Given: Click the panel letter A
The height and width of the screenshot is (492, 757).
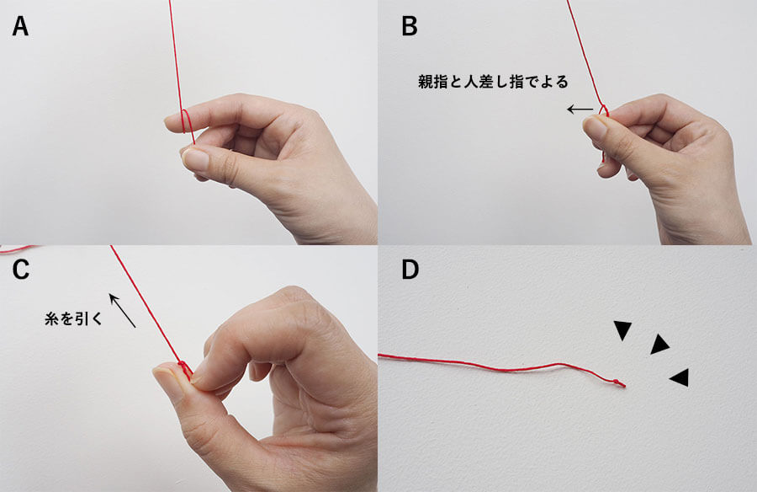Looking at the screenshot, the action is tap(20, 27).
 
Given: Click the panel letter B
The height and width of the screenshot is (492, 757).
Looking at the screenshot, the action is tap(410, 27).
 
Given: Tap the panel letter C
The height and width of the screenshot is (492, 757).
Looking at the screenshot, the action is tap(21, 270).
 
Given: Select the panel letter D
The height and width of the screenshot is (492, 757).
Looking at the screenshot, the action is tap(410, 270).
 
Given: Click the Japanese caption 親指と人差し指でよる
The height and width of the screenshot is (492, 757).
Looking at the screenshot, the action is tap(493, 82).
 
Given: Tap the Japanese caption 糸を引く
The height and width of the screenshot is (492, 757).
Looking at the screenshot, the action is tap(73, 318).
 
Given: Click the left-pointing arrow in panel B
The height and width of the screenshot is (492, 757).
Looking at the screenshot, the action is tap(580, 110).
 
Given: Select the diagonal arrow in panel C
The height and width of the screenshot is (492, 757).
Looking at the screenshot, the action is tap(122, 311).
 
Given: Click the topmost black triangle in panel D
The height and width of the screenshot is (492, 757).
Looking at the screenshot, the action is tap(622, 330).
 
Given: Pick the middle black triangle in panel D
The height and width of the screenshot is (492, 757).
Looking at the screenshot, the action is tap(659, 345).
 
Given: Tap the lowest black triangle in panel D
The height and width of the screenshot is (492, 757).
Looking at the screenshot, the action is tap(680, 377).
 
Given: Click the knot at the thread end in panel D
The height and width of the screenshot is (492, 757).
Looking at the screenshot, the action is tap(617, 382).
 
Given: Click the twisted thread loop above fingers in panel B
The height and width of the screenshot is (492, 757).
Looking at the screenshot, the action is tap(604, 111).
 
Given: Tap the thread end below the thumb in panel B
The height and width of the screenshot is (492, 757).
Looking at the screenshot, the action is tap(603, 156).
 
